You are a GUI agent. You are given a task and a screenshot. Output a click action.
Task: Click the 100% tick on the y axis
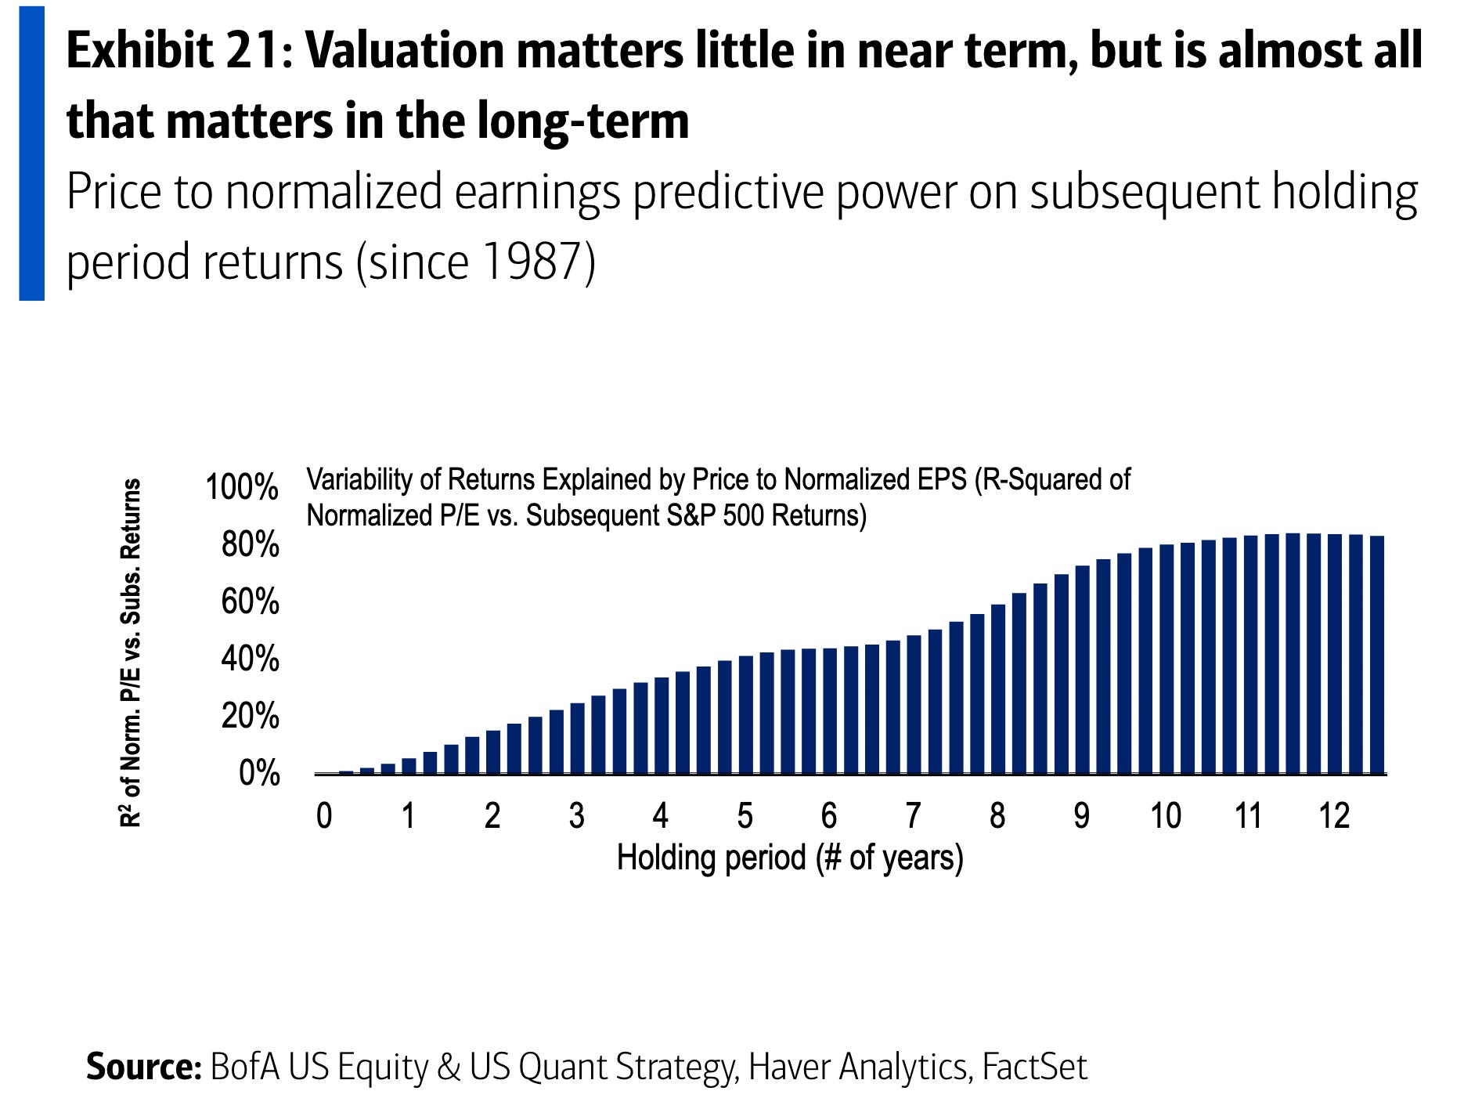coord(241,487)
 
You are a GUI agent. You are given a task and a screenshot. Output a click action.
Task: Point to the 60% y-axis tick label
coord(250,602)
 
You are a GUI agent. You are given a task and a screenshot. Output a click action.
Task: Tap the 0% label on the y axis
coord(259,774)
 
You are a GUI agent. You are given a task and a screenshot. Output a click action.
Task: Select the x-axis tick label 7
coord(913,816)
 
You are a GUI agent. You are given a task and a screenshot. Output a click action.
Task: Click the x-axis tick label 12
coord(1334,816)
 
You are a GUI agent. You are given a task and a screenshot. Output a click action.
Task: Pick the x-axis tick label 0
coord(324,816)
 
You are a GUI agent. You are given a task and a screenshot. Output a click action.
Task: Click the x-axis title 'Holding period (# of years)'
coord(790,858)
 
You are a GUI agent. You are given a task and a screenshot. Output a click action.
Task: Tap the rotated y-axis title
coord(131,652)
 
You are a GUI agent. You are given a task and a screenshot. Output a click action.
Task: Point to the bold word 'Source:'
coord(144,1067)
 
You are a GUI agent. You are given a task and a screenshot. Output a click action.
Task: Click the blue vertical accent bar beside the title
coord(32,154)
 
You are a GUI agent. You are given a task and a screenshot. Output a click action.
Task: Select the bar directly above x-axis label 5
coord(745,715)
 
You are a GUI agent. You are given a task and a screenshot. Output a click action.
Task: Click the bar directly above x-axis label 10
coord(1167,659)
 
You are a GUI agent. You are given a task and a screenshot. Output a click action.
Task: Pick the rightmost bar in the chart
coord(1377,655)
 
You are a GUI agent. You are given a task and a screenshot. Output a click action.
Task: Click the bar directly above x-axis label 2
coord(492,752)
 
